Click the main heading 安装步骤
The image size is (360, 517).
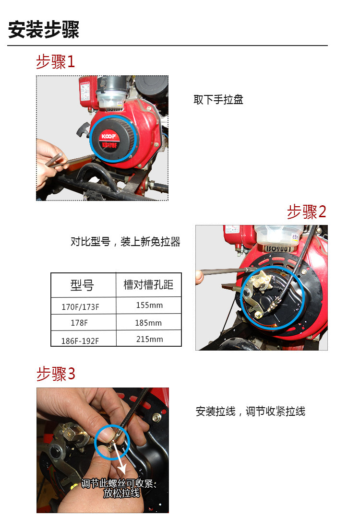tap(44, 29)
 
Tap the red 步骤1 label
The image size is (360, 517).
tap(55, 62)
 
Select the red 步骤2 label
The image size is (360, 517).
tap(307, 211)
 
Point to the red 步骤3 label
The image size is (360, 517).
tap(56, 374)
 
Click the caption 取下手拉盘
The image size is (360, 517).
tap(218, 100)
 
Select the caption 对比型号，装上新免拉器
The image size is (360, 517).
tap(125, 242)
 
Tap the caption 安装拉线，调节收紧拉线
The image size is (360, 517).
tap(251, 411)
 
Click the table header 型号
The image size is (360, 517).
tap(82, 285)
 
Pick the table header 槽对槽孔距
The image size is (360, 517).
tap(148, 284)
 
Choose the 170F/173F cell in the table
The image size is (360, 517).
tap(80, 307)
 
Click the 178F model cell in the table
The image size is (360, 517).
tap(79, 323)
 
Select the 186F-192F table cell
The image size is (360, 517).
tap(80, 341)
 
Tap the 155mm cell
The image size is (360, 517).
tap(149, 305)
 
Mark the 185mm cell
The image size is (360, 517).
tap(148, 323)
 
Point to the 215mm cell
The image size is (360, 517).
tap(149, 339)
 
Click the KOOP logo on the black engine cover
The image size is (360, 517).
tap(108, 137)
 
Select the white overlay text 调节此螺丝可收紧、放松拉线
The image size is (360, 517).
tap(119, 488)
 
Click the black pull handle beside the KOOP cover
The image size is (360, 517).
tap(83, 130)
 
